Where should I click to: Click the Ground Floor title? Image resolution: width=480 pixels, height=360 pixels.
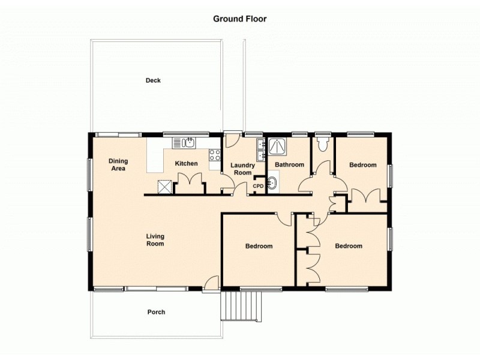pos(240,19)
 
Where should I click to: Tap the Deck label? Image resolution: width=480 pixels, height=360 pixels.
pos(153,80)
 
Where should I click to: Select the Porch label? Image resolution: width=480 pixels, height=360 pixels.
pos(156,312)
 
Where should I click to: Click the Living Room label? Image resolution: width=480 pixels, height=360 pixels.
pos(155,240)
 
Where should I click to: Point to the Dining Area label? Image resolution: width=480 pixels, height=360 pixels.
pos(118,164)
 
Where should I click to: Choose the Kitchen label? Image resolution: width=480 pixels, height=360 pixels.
pos(186,164)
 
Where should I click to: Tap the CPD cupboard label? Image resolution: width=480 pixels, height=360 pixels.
pos(258,186)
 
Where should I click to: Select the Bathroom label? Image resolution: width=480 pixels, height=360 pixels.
pos(289,164)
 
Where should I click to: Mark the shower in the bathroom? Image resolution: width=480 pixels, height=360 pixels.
pos(278,146)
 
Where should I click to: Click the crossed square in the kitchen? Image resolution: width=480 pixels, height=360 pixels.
pos(164,187)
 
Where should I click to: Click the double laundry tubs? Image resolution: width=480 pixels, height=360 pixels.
pos(260,149)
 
